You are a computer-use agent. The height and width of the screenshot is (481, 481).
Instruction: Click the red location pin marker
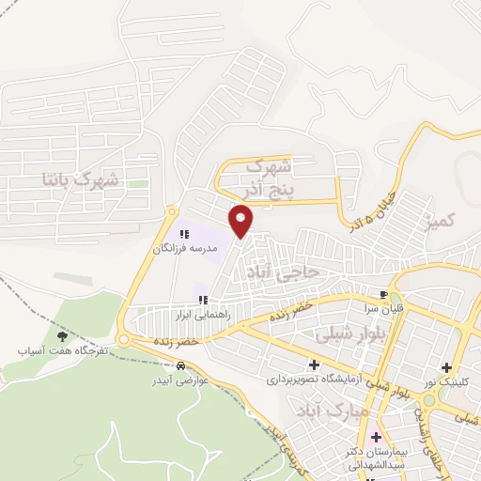[x=241, y=221]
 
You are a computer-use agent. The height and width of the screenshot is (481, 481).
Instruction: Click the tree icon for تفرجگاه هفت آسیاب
[x=62, y=335]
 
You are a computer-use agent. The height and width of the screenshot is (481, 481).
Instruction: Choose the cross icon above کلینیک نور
[x=445, y=368]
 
